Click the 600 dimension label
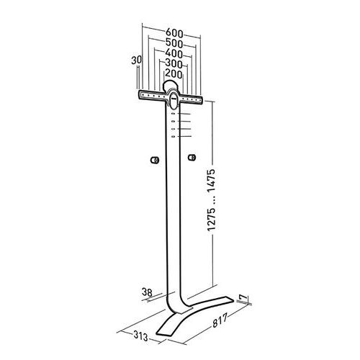(x=174, y=33)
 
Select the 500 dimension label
(x=174, y=43)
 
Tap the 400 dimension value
(x=174, y=53)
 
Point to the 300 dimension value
(x=174, y=64)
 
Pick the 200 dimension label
(x=174, y=74)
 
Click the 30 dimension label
(x=136, y=60)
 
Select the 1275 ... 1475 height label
(x=212, y=200)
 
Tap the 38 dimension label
(x=147, y=292)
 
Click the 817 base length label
(x=220, y=321)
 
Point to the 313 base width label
(x=140, y=336)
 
